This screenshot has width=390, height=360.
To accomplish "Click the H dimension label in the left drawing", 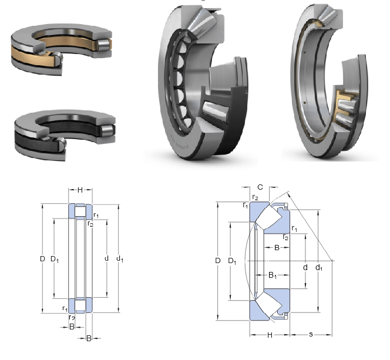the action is tap(80, 190).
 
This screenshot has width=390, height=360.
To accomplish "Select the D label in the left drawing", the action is tap(42, 259).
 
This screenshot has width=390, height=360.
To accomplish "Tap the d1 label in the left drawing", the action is tap(120, 259).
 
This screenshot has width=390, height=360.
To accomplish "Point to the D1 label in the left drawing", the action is tap(55, 260).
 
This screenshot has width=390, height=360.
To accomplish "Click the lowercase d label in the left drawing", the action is tap(106, 258).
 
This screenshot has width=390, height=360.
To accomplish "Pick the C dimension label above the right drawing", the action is tap(260, 187).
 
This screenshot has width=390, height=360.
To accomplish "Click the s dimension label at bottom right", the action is tap(311, 334).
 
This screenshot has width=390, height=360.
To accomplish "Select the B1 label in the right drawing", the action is tap(273, 275).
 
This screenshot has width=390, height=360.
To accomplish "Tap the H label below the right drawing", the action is tap(270, 335).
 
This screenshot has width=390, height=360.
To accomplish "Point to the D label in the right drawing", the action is tap(218, 261).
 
